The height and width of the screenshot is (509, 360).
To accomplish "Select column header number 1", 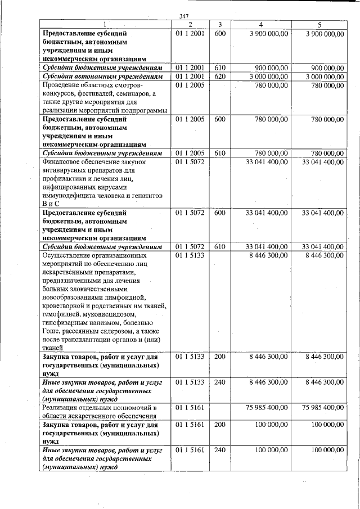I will pos(105,25).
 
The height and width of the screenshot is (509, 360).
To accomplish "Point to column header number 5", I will pos(319,25).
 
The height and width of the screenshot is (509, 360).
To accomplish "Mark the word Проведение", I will pos(63,85).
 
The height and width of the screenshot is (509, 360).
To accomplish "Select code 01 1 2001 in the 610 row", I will pos(190,67).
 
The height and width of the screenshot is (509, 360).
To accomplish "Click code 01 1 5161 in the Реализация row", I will pos(190,407).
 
